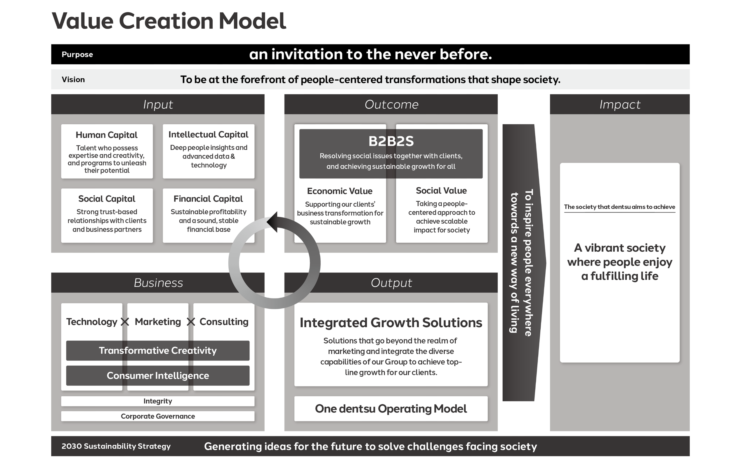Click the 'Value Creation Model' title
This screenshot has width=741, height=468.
click(169, 21)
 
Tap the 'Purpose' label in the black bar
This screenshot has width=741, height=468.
click(77, 54)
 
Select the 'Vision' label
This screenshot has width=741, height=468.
click(73, 80)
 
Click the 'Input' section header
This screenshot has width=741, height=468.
click(157, 104)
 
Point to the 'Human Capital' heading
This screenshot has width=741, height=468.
click(107, 135)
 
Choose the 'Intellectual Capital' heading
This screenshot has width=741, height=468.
click(208, 134)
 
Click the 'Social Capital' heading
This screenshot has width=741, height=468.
click(107, 198)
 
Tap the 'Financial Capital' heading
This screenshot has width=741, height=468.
click(208, 198)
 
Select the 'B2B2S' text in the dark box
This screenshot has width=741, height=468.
click(391, 141)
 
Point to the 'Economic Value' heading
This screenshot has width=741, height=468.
click(340, 191)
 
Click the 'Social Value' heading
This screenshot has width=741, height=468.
click(441, 191)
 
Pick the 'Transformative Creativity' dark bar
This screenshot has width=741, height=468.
click(157, 350)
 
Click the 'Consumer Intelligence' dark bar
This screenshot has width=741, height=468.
click(157, 375)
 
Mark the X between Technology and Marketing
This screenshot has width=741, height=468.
click(125, 322)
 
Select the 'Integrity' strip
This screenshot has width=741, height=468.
click(157, 401)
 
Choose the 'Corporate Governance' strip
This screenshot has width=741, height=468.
click(157, 416)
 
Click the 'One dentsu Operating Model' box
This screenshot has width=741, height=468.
click(391, 409)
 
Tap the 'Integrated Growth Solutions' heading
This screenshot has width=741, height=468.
click(391, 323)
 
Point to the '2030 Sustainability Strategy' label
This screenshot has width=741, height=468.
click(116, 446)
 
